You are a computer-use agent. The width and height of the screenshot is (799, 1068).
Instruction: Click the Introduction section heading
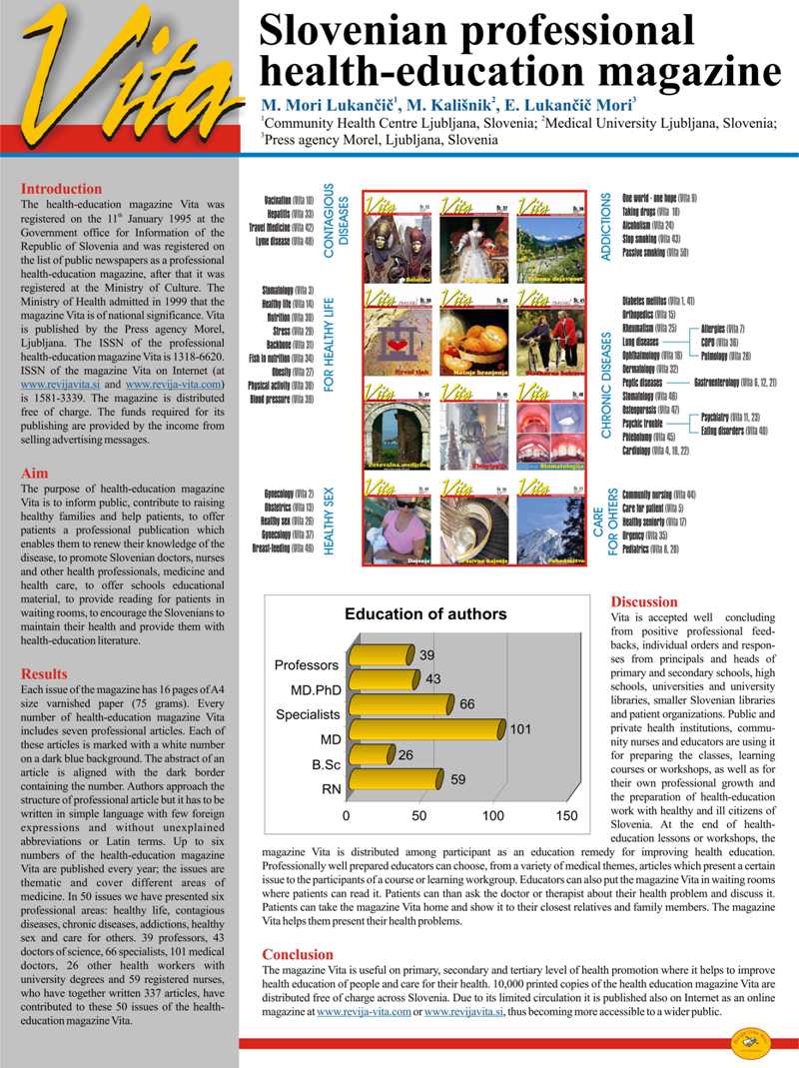tap(61, 189)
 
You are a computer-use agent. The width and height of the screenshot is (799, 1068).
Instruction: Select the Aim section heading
tap(35, 473)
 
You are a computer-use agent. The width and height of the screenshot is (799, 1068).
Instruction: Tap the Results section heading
tap(45, 674)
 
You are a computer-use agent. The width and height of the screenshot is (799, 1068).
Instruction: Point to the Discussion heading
tap(644, 602)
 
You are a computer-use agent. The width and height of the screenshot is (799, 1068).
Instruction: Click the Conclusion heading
tap(299, 955)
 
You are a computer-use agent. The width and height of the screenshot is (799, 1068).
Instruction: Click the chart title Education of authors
tap(425, 614)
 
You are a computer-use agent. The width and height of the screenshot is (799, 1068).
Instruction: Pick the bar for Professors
tap(381, 656)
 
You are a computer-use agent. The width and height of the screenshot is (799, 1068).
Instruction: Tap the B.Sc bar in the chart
tap(370, 756)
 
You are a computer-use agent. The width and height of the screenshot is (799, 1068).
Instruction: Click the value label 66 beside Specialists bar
tap(467, 704)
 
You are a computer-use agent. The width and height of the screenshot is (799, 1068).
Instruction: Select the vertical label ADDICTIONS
tap(606, 228)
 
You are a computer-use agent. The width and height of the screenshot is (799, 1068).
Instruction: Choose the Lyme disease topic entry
tap(288, 242)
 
